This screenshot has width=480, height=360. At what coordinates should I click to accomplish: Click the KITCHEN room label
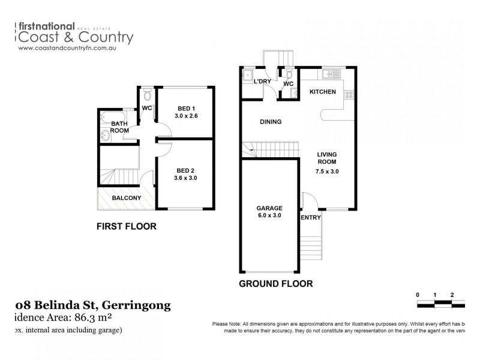322,92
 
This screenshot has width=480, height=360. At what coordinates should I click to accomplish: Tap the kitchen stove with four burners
350,95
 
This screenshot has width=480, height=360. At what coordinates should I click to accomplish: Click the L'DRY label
263,82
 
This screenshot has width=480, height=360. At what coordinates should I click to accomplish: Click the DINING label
271,122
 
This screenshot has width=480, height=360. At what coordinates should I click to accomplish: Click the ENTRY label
311,217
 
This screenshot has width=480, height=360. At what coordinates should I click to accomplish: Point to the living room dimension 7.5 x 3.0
327,171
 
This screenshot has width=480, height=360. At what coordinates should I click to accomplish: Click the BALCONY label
126,198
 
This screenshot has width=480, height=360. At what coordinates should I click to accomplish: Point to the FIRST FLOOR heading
127,227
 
